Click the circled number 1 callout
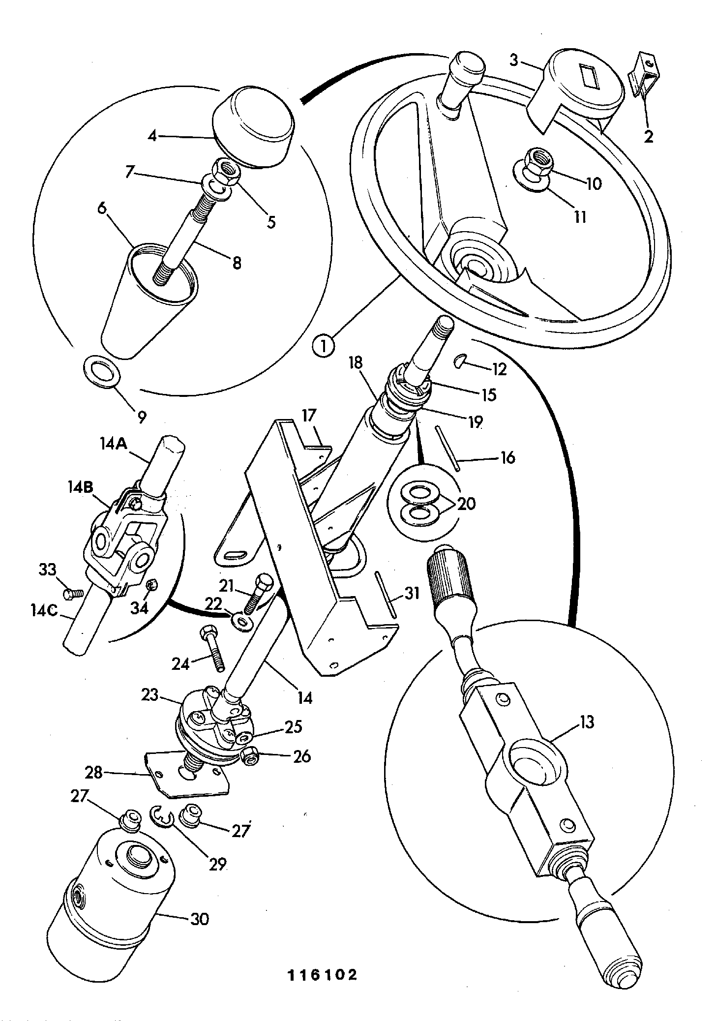[x=323, y=346]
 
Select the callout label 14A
[x=114, y=445]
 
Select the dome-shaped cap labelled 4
[x=253, y=128]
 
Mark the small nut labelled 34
[x=152, y=585]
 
